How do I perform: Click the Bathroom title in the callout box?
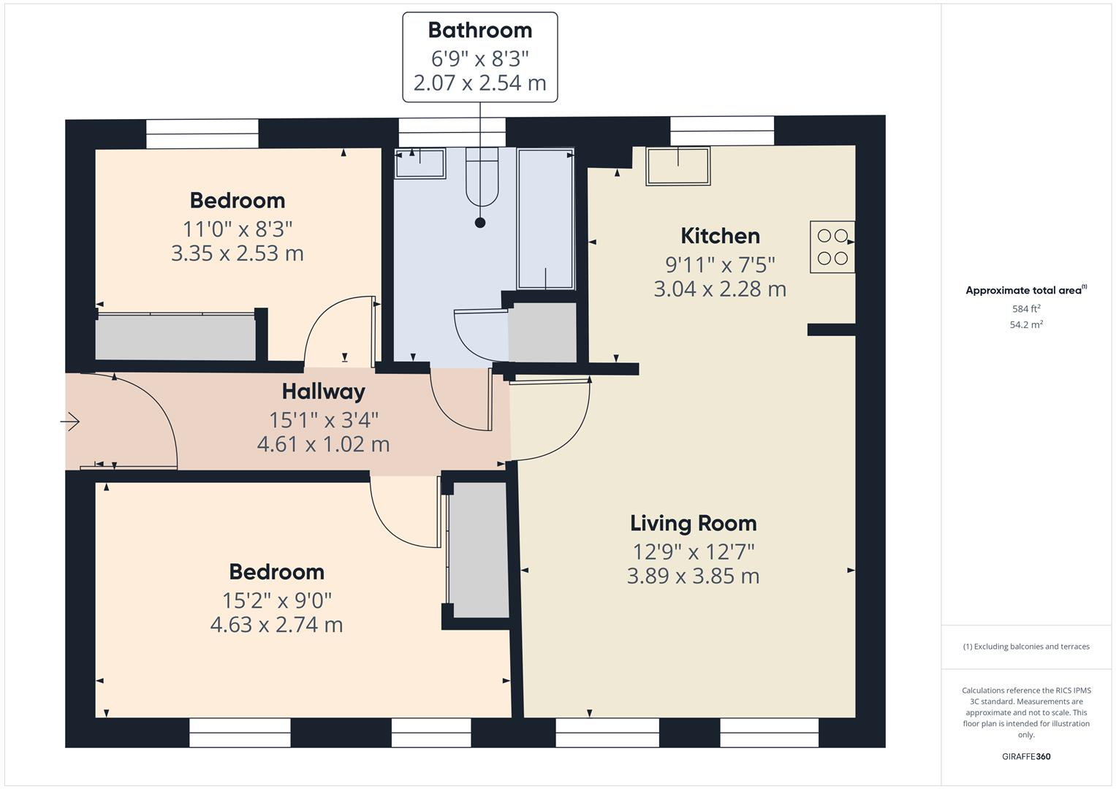coord(479,30)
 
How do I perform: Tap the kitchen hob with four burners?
coord(832,247)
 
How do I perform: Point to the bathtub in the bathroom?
coord(545,218)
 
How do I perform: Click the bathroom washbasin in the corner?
coord(420,163)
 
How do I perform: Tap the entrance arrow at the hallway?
coord(70,422)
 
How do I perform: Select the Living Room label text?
coord(693,523)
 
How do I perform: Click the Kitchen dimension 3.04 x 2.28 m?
coord(719,289)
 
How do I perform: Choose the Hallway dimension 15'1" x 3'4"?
coord(323,420)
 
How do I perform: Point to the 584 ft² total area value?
coord(1026,309)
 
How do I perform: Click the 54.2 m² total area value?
coord(1026,325)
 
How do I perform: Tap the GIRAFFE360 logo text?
coord(1026,756)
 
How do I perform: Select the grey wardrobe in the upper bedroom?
coord(175,337)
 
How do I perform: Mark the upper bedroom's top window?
coord(202,134)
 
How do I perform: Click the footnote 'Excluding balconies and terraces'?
coord(1026,647)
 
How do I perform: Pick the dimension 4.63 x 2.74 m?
coord(276,625)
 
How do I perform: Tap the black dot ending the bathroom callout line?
coord(480,223)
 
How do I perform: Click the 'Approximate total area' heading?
coord(1025,291)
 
